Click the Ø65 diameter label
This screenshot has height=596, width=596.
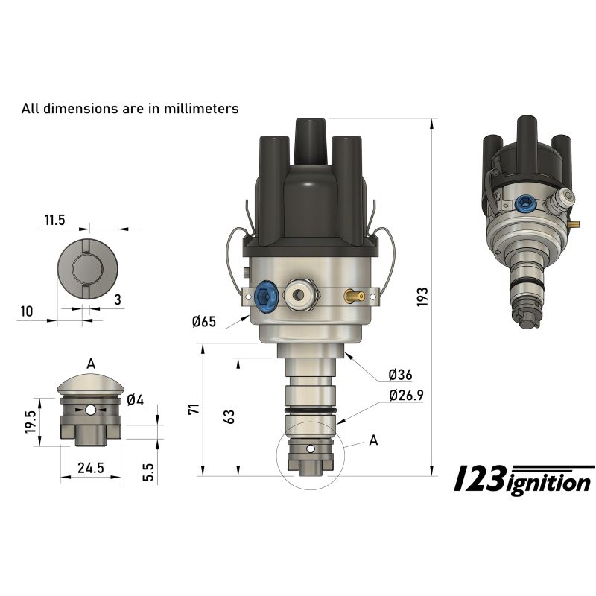coord(203,322)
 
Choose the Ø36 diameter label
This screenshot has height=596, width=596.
coord(400,375)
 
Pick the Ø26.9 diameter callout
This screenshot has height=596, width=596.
coord(405,396)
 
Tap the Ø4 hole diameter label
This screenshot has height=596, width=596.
coord(135,400)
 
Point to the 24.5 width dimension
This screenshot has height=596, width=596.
coord(91,468)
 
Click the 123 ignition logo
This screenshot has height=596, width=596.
coord(524,481)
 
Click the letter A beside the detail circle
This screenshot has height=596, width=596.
coord(373,440)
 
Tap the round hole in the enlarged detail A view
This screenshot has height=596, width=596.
coord(91,410)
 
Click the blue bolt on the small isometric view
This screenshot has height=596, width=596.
coord(525,203)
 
